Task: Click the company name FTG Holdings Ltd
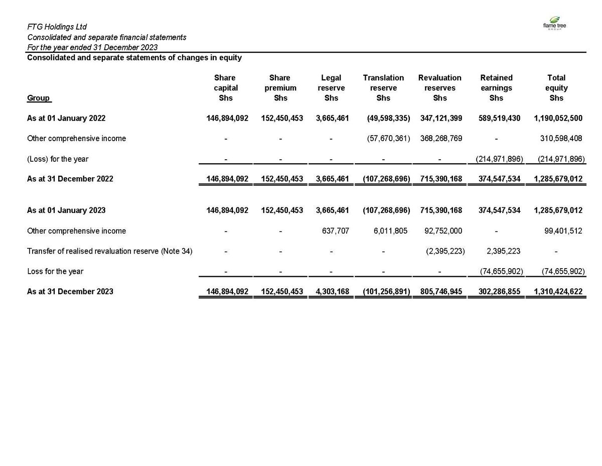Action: coord(57,27)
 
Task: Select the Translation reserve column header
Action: coord(383,88)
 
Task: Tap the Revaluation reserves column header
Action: coord(439,88)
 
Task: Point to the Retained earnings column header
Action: coord(496,88)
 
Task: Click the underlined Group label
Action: coord(39,98)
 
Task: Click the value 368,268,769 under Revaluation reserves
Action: coord(440,138)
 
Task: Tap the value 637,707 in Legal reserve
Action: coord(336,231)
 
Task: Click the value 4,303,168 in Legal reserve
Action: coord(332,291)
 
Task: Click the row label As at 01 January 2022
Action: coord(66,118)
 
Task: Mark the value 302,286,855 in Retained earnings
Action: coord(497,291)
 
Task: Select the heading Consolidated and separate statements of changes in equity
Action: coord(134,58)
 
